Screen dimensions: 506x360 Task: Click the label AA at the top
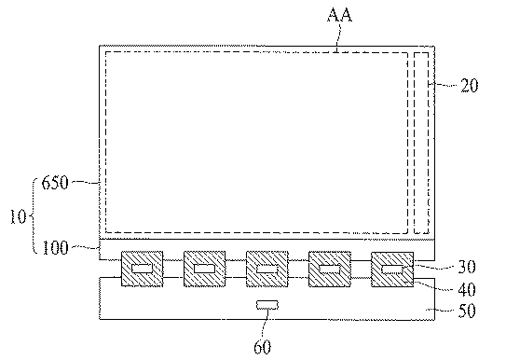click(x=340, y=15)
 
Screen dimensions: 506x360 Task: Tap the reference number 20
click(x=470, y=86)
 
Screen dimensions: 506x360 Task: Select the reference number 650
click(x=55, y=183)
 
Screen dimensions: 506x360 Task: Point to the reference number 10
click(x=18, y=216)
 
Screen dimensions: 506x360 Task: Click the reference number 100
click(x=56, y=248)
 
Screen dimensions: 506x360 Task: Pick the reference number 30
click(x=467, y=267)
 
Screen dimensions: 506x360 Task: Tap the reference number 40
click(x=467, y=290)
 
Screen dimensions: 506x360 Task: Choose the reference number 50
click(x=467, y=311)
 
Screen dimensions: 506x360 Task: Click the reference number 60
click(x=263, y=347)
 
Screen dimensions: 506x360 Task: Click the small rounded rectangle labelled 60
click(x=267, y=305)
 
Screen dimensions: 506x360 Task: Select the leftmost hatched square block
click(x=142, y=269)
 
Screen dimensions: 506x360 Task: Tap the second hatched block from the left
click(x=205, y=269)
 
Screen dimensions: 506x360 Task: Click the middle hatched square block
click(x=267, y=269)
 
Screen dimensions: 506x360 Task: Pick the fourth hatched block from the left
click(x=330, y=269)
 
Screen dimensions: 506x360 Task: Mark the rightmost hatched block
click(x=392, y=270)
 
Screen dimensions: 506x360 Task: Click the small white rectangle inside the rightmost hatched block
click(x=392, y=270)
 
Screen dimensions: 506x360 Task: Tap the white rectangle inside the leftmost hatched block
click(x=142, y=269)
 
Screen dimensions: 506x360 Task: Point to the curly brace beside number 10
click(x=33, y=215)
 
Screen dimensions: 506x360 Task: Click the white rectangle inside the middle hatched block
click(x=267, y=269)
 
